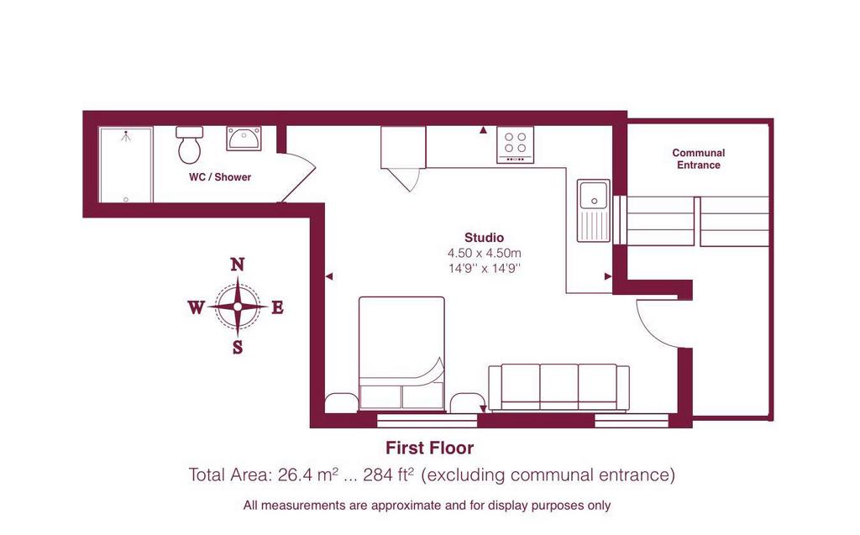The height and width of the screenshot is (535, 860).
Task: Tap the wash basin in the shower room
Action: [244, 139]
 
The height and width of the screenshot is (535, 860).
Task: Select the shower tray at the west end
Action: [126, 165]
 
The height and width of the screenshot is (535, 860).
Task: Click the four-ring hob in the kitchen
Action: [515, 144]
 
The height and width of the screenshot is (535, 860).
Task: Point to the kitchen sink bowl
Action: [594, 196]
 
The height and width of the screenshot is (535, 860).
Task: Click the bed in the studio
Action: [401, 354]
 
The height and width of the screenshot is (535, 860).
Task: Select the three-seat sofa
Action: [558, 387]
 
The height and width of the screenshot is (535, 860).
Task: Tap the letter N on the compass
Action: [237, 265]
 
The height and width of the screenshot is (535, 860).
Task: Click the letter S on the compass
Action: [238, 347]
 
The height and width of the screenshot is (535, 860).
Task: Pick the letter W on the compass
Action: [196, 307]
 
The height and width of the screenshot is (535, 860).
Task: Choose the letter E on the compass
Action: [277, 307]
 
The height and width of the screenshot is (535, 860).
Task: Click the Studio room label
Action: [484, 238]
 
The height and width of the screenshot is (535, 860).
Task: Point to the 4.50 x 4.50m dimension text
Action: [485, 253]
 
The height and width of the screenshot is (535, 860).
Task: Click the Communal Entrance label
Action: [698, 159]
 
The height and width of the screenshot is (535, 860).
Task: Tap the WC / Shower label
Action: [220, 176]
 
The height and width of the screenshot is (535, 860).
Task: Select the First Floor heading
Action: [429, 448]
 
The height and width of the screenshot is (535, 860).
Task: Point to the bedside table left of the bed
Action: [341, 402]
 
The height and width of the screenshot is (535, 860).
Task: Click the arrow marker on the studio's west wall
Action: [329, 276]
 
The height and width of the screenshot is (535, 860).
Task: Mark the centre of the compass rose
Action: [238, 307]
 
